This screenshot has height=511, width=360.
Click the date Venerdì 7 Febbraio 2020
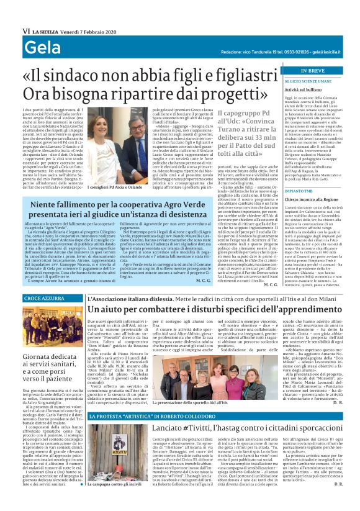coord(92,30)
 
